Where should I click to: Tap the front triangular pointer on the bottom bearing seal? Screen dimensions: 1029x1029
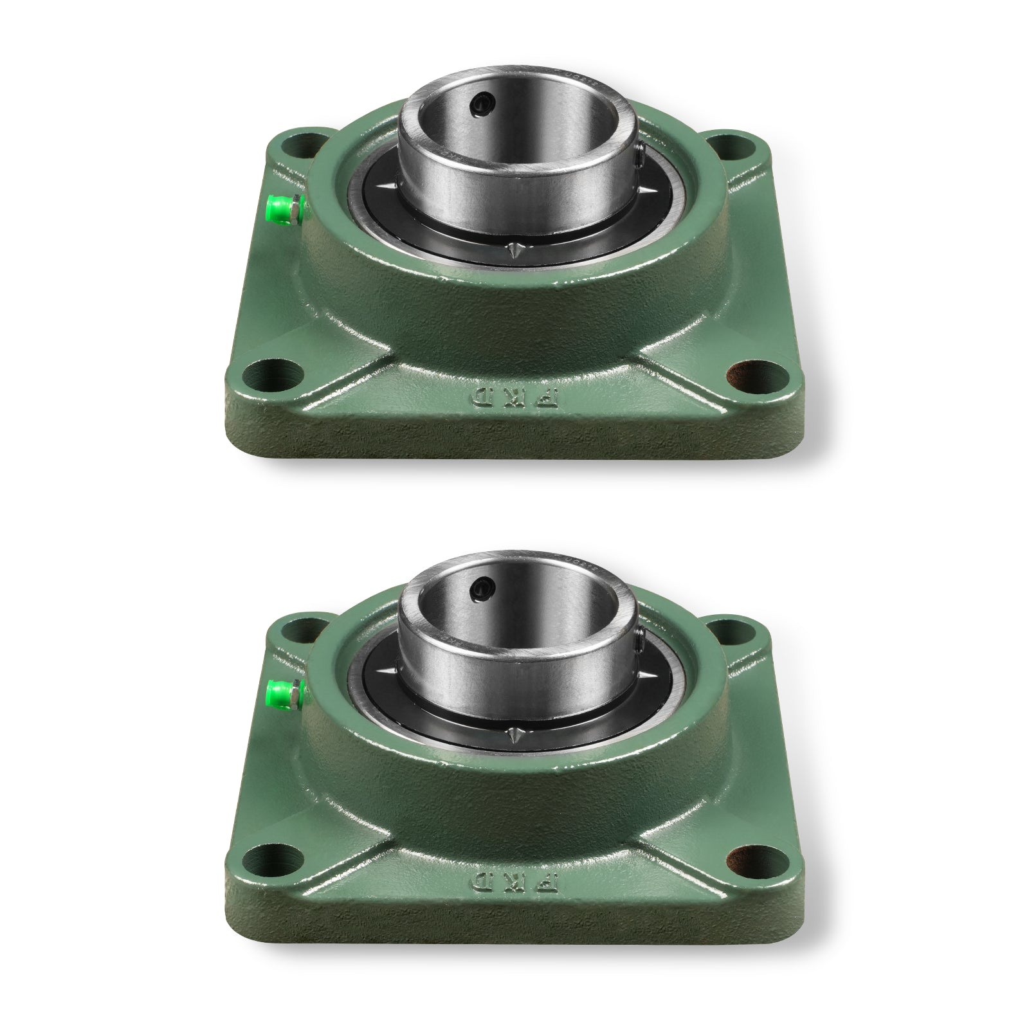click(x=514, y=738)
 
